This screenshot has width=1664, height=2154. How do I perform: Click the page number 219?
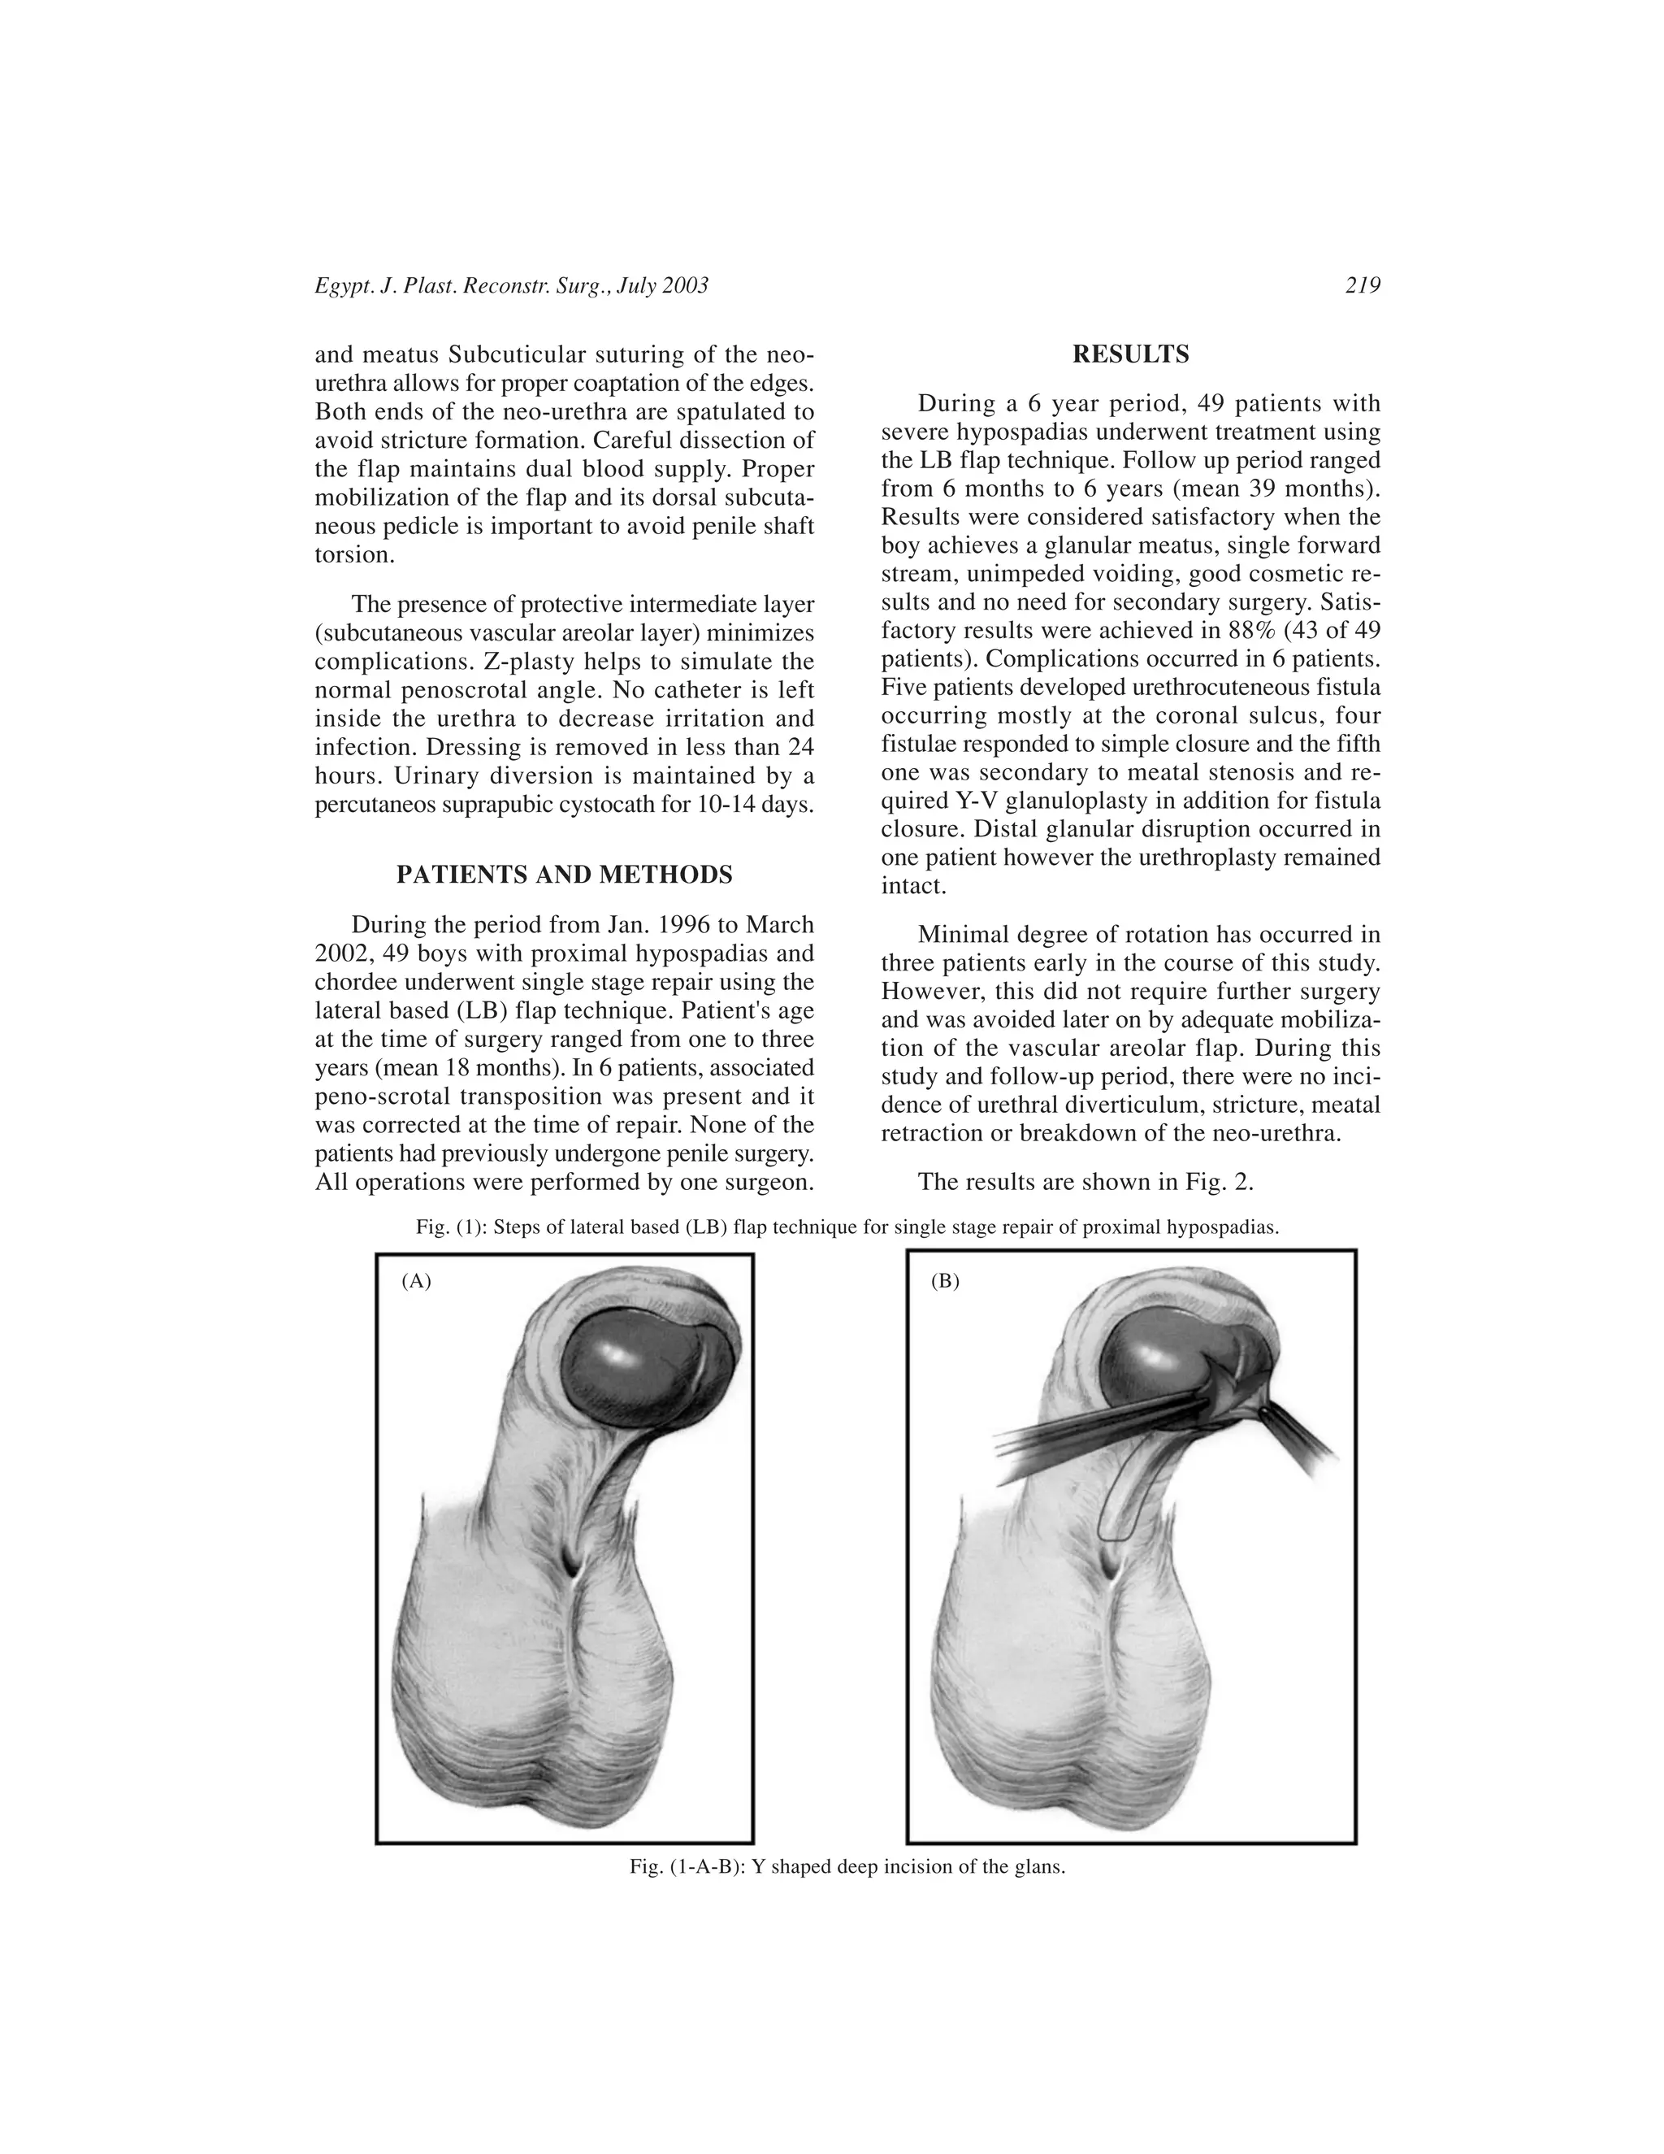click(x=1363, y=286)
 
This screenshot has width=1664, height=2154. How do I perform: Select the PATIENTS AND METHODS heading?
click(x=564, y=875)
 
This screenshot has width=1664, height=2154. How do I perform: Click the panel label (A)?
click(x=416, y=1281)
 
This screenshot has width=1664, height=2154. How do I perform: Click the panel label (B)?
click(x=944, y=1281)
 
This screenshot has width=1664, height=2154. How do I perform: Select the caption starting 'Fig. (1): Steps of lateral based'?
click(x=847, y=1228)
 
